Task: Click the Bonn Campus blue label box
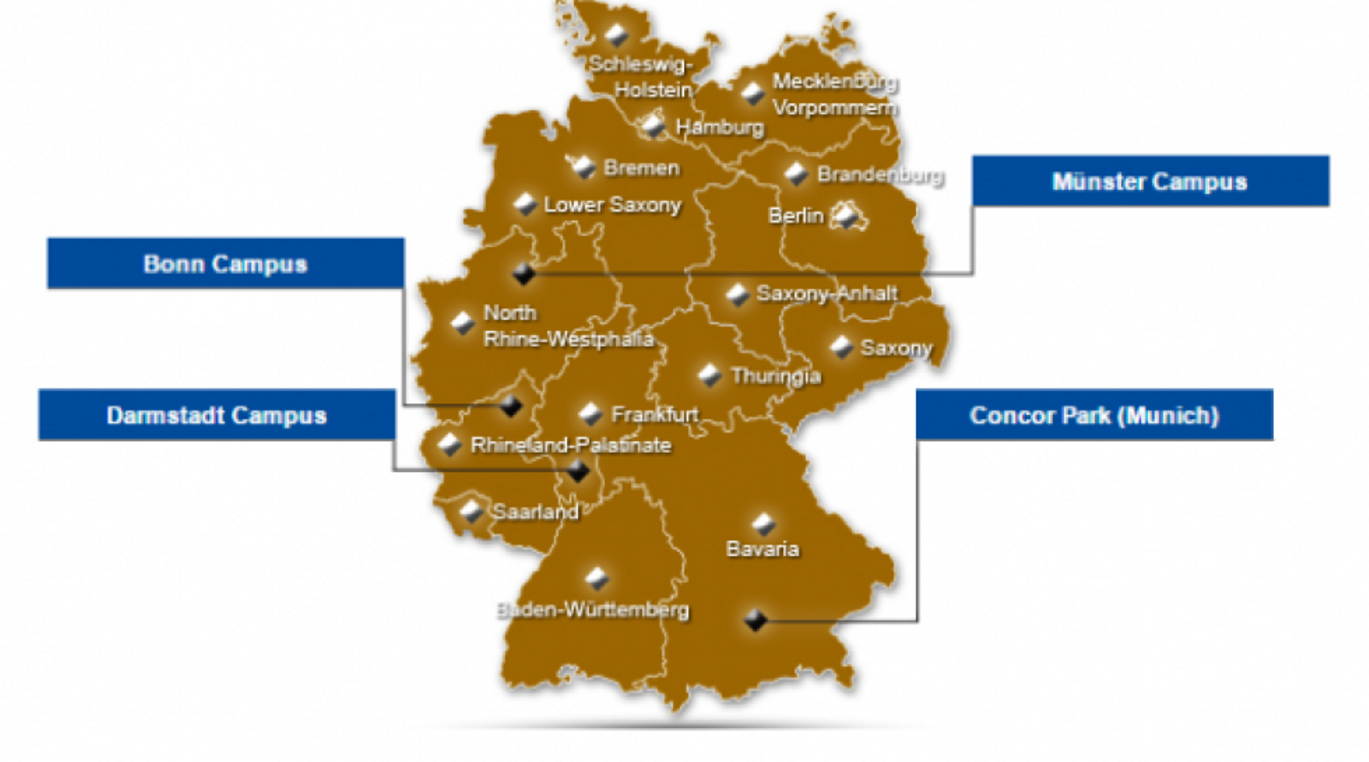[x=225, y=263]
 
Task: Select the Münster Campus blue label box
[x=1150, y=181]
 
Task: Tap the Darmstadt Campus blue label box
[x=217, y=415]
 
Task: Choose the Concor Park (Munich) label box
[x=1094, y=415]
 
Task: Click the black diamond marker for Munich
[x=755, y=620]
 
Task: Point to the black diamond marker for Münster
[x=524, y=273]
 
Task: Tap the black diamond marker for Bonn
[x=511, y=406]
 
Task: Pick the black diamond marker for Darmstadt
[x=578, y=471]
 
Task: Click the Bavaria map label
[x=762, y=549]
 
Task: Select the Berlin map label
[x=796, y=215]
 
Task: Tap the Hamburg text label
[x=719, y=128]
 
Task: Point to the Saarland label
[x=535, y=512]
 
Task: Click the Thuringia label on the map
[x=776, y=376]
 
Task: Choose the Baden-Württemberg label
[x=593, y=610]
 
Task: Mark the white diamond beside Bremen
[x=585, y=168]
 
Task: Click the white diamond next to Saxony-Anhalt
[x=737, y=295]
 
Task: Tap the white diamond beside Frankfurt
[x=590, y=413]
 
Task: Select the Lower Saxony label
[x=612, y=205]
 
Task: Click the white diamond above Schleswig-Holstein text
[x=616, y=34]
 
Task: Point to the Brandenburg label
[x=881, y=175]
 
